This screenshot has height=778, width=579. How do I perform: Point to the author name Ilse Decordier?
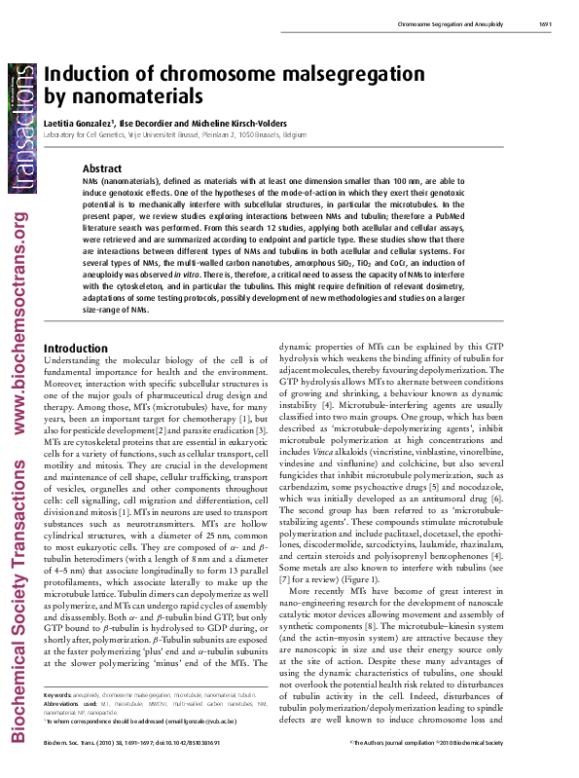point(152,123)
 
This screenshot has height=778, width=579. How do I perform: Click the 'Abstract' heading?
point(102,168)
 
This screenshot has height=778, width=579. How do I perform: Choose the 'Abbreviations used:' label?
point(69,729)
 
